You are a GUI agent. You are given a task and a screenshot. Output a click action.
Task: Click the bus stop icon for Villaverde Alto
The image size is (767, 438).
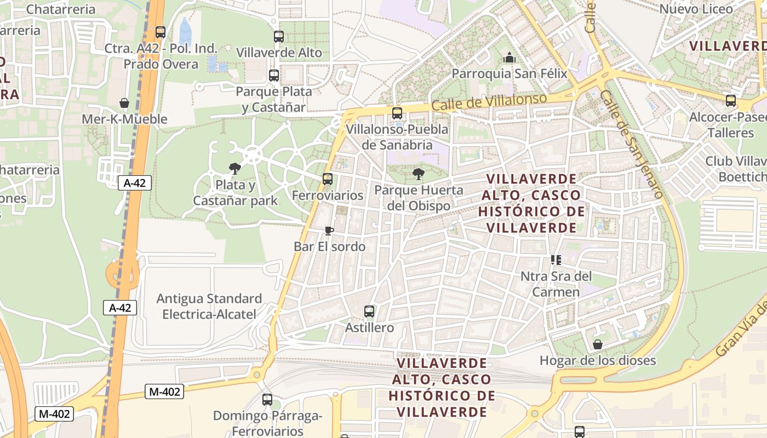coord(279,37)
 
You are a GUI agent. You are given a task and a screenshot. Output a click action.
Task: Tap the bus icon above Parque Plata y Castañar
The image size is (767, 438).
coord(274,76)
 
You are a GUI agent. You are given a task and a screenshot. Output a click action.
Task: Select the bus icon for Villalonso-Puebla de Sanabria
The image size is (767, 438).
coord(397,113)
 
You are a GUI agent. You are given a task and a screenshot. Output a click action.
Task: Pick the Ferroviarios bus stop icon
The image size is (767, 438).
coord(328,179)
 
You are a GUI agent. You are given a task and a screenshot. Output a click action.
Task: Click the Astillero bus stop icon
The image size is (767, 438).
coord(369,312)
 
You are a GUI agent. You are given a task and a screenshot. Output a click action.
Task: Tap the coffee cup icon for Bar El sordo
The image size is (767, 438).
coord(329,230)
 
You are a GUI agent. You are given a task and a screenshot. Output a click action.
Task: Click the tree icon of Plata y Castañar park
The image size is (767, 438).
coord(235,168)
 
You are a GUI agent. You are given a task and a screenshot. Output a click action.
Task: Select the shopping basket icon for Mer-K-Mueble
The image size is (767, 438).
coord(124,103)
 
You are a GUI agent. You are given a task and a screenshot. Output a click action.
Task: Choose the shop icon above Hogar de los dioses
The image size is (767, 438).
coord(598,344)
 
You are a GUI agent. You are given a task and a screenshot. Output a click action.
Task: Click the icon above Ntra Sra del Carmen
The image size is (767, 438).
coord(556,260)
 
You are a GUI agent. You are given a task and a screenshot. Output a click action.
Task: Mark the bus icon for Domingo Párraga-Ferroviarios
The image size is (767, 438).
coord(267,400)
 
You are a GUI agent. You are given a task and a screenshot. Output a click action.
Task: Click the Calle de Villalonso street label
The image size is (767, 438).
coord(489,102)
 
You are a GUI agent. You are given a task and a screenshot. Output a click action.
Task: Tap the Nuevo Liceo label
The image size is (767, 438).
coord(695,9)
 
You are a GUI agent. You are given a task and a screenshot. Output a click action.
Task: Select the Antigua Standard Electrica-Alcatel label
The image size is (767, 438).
coord(209,306)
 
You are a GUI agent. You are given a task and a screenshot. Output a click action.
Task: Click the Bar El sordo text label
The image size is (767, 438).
coord(329,246)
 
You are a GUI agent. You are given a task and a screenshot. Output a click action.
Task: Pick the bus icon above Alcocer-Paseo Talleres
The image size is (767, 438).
coord(731,101)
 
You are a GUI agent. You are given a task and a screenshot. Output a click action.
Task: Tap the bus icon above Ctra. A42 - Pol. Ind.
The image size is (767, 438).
coord(161,32)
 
